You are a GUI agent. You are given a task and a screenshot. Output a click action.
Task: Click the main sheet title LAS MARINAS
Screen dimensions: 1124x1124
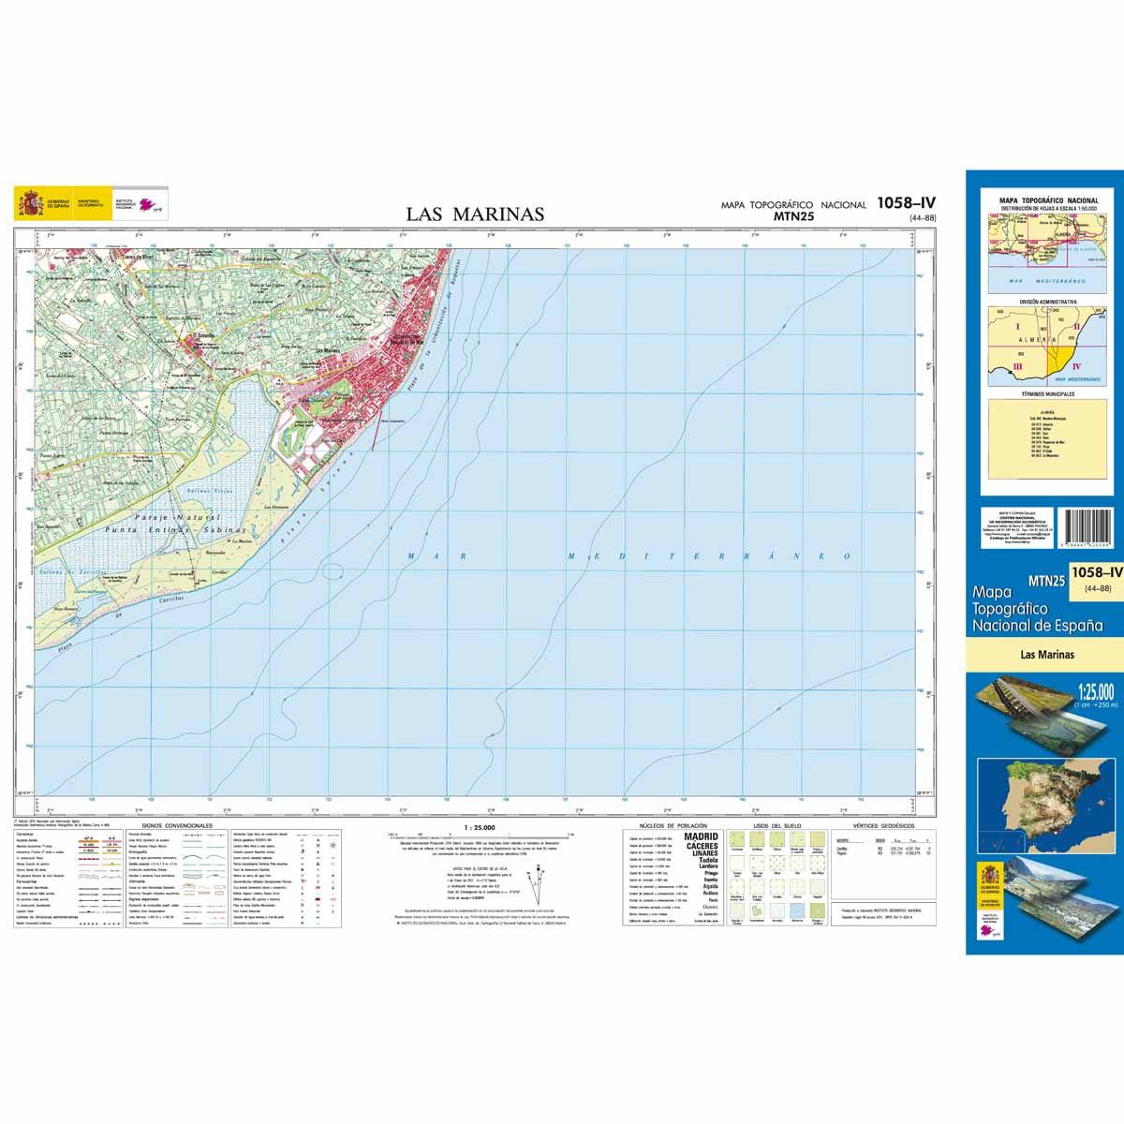click(x=475, y=214)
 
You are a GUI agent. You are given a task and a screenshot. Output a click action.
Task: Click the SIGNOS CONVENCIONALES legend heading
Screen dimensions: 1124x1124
click(x=172, y=826)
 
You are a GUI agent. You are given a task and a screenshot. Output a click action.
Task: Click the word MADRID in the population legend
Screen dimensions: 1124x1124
click(x=702, y=836)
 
